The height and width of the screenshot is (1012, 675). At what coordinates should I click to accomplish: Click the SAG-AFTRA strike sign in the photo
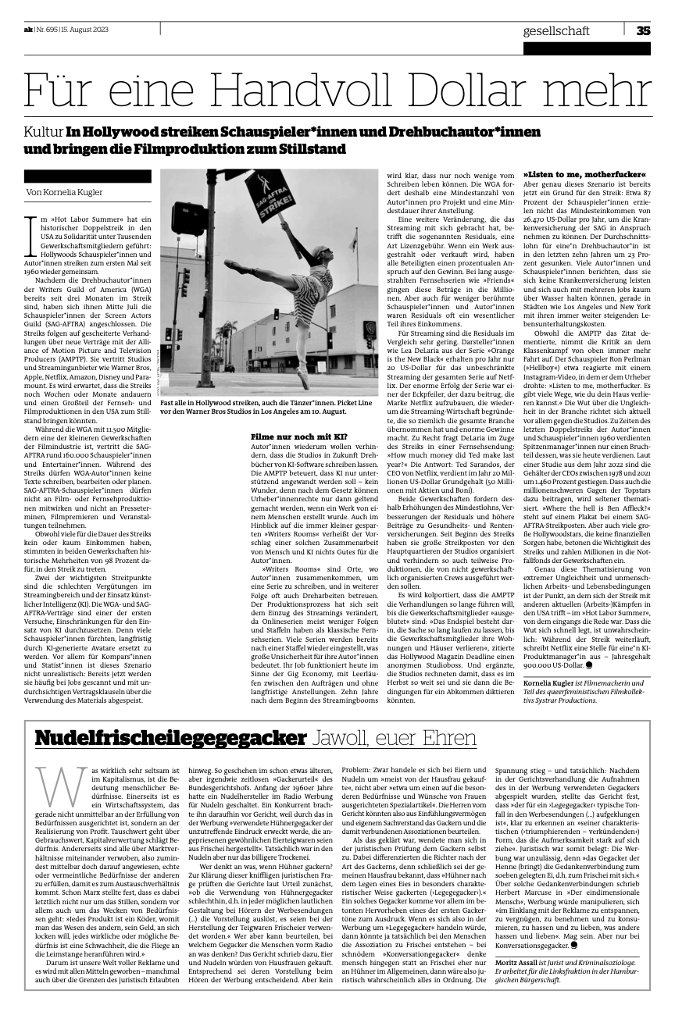click(x=270, y=196)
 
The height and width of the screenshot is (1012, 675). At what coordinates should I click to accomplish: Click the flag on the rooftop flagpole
click(x=353, y=243)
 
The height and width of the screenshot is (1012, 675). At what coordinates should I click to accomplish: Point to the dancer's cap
click(x=319, y=250)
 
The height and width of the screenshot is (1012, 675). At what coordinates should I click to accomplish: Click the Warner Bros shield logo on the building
click(x=370, y=328)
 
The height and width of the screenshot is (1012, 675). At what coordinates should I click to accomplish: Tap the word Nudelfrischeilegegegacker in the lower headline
click(x=170, y=737)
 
